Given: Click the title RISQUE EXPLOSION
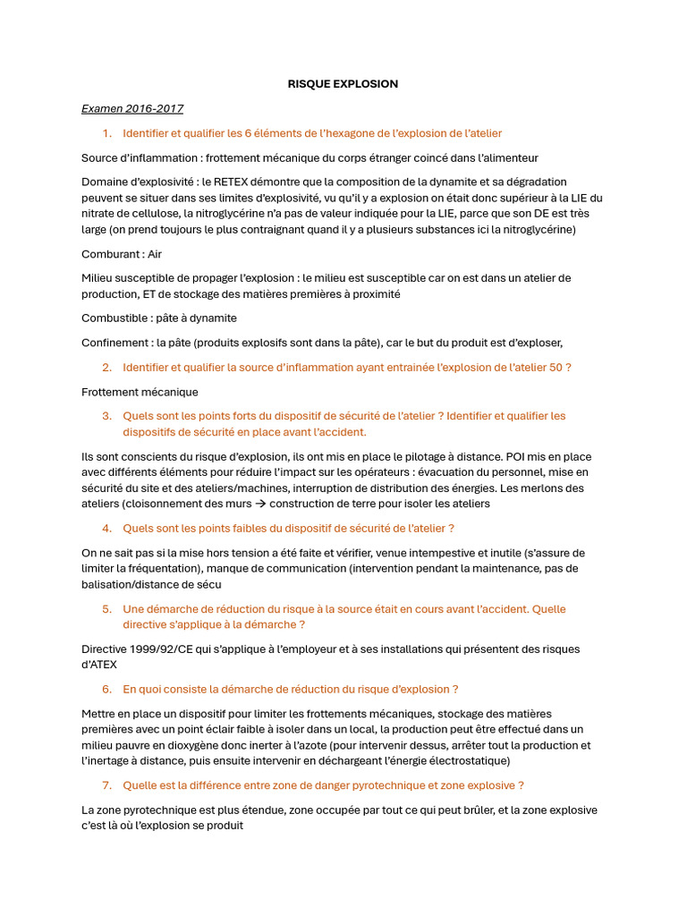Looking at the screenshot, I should (x=343, y=84).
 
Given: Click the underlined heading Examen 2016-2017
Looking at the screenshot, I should (x=132, y=109).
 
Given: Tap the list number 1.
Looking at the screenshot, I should (x=106, y=133).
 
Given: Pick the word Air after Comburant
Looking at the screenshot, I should (x=155, y=254).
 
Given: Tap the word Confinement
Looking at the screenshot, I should (x=115, y=343).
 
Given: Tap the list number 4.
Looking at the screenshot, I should (x=106, y=528).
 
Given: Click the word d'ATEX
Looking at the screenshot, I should (x=98, y=665).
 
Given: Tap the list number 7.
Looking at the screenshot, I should (x=106, y=785).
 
